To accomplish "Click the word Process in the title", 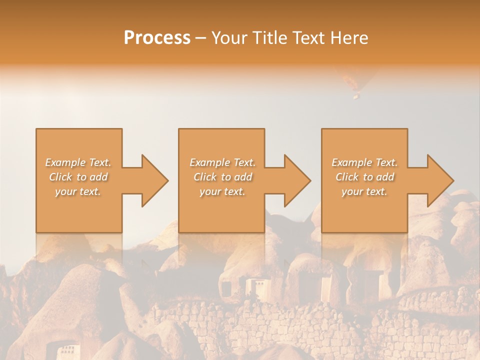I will tap(157, 38).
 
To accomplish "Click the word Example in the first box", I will tap(65, 162).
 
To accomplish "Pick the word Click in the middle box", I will tap(204, 177).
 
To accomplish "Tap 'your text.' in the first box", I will tap(78, 191).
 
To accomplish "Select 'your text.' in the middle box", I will tap(222, 191).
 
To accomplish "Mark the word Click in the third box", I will tap(346, 177).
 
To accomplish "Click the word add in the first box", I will tap(99, 177).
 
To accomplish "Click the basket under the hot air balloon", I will tap(356, 96).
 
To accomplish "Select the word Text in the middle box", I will tap(243, 162).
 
